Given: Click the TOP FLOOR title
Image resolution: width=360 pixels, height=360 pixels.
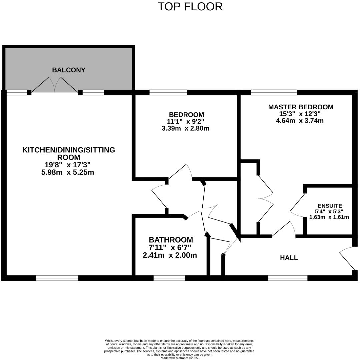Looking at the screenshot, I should click(x=190, y=7).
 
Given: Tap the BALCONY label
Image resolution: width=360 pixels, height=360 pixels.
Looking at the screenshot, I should click(x=69, y=70).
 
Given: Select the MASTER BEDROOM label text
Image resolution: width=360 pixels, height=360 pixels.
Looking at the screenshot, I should click(x=300, y=107).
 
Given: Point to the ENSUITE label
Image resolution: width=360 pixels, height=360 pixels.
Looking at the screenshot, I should click(x=329, y=206).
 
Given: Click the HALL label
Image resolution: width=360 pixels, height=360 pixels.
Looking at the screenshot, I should click(x=289, y=258).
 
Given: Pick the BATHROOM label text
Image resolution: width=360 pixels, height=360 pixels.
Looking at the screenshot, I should click(x=171, y=240).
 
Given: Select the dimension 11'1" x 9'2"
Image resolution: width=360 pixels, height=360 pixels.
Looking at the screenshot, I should click(x=186, y=122).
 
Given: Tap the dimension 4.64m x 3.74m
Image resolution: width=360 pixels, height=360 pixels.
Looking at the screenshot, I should click(x=300, y=121).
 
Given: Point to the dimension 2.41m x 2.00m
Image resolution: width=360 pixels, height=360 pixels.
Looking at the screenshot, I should click(x=170, y=255).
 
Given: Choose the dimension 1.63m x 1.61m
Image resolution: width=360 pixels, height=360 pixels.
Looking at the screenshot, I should click(x=329, y=217).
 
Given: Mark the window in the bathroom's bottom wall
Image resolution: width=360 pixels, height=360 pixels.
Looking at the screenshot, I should click(x=169, y=278).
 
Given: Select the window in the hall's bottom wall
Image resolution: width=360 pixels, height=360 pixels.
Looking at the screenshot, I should click(x=288, y=278).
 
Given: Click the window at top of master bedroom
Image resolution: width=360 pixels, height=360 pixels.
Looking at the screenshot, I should click(x=274, y=92).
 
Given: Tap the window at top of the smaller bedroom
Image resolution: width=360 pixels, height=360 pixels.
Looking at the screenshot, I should click(x=168, y=92).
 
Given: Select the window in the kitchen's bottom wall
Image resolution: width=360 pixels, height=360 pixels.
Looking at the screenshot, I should click(x=57, y=278).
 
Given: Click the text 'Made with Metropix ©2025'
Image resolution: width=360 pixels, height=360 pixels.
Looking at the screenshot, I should click(x=179, y=358).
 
